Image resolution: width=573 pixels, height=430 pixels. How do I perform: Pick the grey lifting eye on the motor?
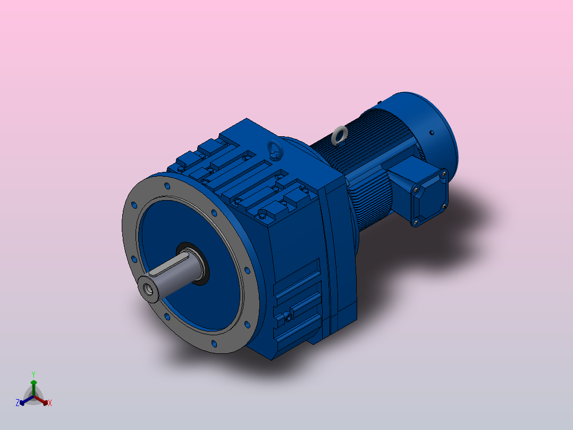[339, 135]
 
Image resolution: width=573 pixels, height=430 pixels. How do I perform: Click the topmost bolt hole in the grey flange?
[167, 186]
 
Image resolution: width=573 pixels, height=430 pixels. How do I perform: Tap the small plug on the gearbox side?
[288, 318]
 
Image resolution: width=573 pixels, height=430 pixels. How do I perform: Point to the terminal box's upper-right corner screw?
[443, 172]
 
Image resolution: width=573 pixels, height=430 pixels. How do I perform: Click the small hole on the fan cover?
[432, 133]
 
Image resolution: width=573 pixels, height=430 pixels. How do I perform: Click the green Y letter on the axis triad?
[33, 374]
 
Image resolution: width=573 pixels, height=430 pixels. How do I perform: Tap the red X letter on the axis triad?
[50, 403]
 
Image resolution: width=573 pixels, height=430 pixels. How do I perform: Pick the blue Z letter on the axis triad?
[18, 403]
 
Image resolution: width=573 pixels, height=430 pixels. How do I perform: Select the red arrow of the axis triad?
[44, 401]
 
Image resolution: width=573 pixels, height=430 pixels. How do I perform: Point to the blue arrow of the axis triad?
[24, 401]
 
